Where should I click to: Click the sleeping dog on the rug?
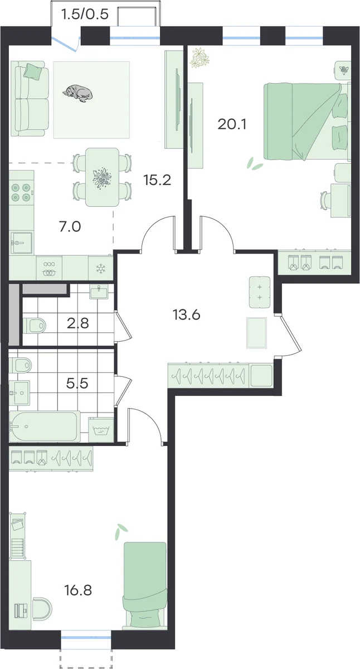point(77,93)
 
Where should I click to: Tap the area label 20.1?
point(232,124)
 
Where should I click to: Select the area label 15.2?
point(157,180)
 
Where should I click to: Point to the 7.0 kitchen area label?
point(70,227)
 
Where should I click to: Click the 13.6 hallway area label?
point(187,314)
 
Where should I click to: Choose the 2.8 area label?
point(77,323)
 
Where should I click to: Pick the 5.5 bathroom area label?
point(77,383)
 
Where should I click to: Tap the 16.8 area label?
point(78,590)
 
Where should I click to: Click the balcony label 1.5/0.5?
point(85,14)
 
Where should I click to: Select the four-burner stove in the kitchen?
point(21,192)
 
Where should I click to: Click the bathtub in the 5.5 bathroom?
point(45,426)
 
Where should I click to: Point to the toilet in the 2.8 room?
point(35,326)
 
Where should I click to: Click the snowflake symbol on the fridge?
point(101,269)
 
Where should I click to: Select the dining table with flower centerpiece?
point(103,177)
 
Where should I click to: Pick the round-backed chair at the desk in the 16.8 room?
point(42,607)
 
